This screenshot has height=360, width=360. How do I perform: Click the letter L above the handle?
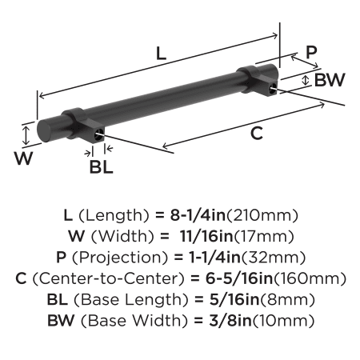tap(161, 53)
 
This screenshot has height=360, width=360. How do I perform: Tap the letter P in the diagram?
tap(311, 52)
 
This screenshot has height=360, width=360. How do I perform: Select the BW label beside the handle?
tap(330, 80)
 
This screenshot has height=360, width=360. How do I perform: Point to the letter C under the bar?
tap(257, 134)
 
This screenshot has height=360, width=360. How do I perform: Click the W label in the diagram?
tap(24, 158)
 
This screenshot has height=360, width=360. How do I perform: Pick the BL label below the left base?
tap(101, 167)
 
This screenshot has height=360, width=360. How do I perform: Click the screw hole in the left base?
tap(99, 134)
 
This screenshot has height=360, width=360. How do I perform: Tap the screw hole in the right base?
tap(273, 89)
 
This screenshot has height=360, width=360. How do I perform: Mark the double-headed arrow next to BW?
tap(306, 80)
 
